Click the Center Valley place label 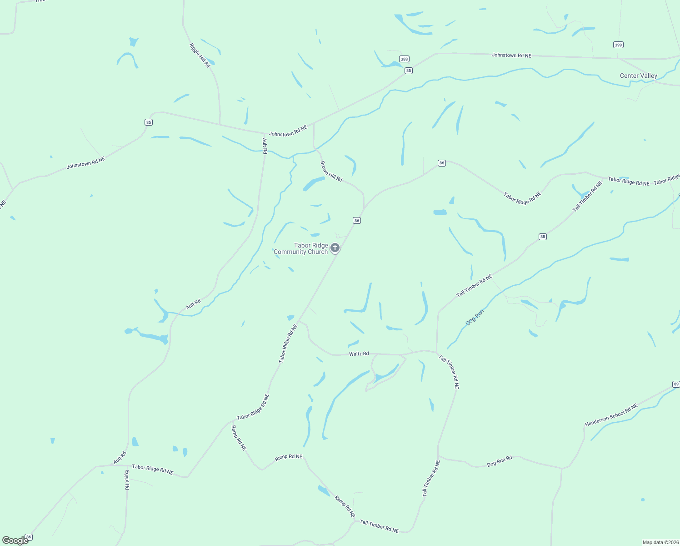(x=638, y=76)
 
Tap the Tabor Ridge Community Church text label (x=301, y=248)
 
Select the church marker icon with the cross (x=335, y=248)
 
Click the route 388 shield (x=404, y=59)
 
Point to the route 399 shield (x=618, y=45)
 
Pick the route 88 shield (x=542, y=237)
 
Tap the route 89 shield (x=676, y=384)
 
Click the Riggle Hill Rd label (x=200, y=56)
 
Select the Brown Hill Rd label (x=331, y=171)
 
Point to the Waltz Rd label (x=359, y=354)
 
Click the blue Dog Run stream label (x=475, y=317)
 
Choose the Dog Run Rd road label (x=499, y=461)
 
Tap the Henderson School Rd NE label (x=611, y=415)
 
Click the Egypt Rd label (x=127, y=480)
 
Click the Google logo (x=15, y=541)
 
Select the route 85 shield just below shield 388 (x=409, y=71)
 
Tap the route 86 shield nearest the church (x=357, y=221)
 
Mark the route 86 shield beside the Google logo (x=29, y=537)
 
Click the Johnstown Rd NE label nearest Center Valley (x=511, y=56)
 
